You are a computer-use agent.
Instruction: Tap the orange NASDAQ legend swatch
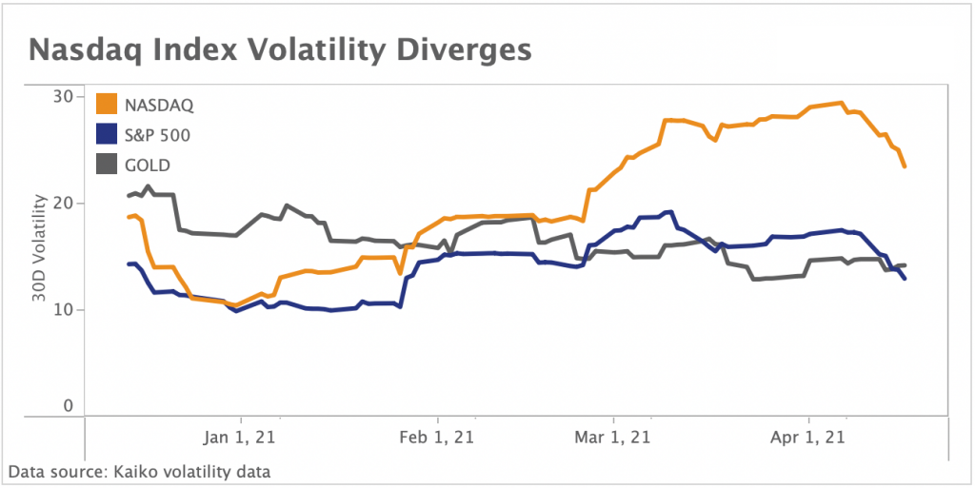tap(108, 104)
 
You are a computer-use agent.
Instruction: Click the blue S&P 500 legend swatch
tap(108, 134)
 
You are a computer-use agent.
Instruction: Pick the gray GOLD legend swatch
tap(108, 165)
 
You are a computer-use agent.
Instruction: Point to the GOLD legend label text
tap(147, 166)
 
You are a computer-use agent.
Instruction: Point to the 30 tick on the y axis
tap(63, 96)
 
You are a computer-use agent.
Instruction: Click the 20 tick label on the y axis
tap(63, 204)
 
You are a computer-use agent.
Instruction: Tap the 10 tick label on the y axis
tap(63, 310)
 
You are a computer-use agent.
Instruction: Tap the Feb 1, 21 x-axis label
tap(437, 438)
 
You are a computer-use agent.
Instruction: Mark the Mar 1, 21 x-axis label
tap(614, 438)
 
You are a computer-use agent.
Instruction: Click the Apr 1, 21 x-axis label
tap(808, 438)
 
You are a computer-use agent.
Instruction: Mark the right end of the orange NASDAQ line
tap(905, 167)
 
